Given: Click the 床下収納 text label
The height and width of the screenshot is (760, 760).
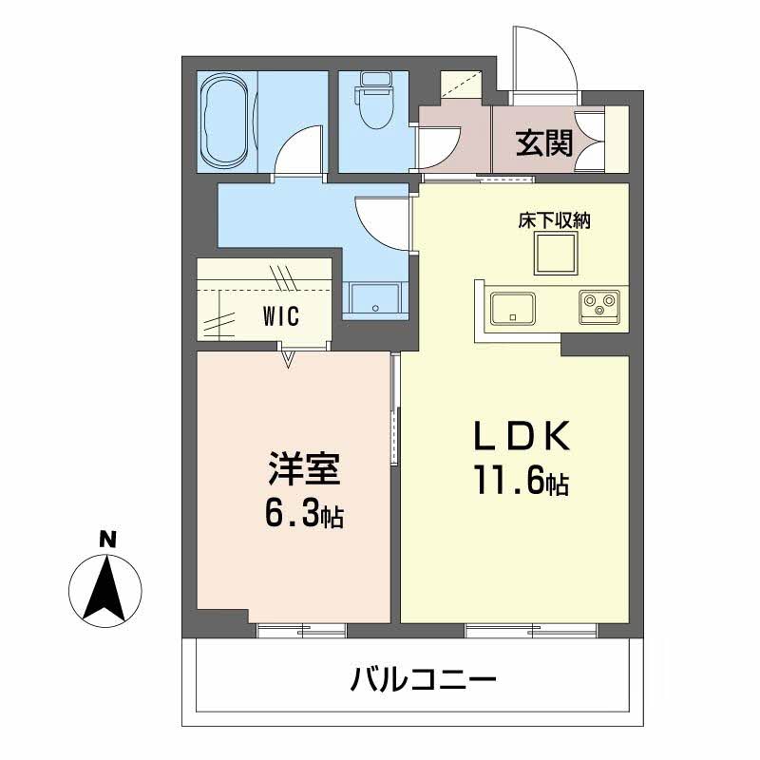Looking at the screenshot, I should [x=555, y=220].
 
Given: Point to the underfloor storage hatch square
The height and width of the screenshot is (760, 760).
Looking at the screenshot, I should [x=555, y=255].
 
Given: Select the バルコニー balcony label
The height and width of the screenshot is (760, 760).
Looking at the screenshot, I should [x=423, y=680].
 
